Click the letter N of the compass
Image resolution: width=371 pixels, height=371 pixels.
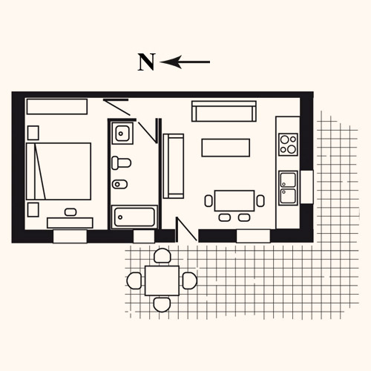146,62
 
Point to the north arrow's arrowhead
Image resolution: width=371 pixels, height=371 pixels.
171,62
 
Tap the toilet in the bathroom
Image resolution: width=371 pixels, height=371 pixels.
121,162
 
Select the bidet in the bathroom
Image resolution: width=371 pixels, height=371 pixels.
119,184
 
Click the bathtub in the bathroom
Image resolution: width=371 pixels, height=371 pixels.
134,217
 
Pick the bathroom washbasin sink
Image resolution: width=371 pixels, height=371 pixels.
122,133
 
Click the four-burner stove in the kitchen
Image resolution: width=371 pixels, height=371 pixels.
288,145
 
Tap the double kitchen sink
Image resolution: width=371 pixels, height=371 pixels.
288,188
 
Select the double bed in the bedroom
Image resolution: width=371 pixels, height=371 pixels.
59,171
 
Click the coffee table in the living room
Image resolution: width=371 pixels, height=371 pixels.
226,148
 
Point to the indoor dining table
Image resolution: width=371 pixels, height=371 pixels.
234,200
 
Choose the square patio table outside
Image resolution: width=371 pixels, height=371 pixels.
162,280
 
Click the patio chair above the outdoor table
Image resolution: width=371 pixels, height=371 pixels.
162,256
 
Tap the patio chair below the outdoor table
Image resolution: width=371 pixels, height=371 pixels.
162,304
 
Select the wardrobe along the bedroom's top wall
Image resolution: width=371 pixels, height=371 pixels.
57,107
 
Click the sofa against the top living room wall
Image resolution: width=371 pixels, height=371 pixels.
224,111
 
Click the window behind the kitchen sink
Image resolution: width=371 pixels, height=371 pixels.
306,187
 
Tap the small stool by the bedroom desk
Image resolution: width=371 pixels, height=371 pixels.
70,212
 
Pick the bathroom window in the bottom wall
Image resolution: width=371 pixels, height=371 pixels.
144,237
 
